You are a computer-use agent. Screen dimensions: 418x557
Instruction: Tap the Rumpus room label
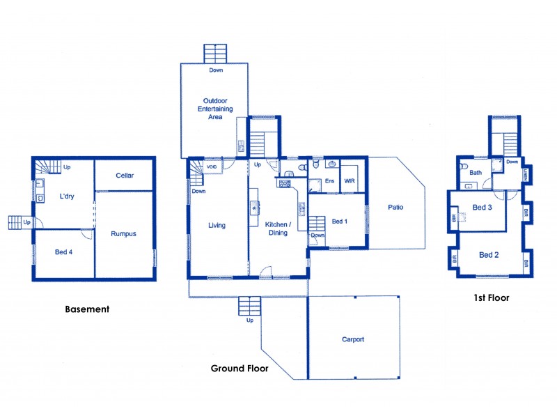(x=123, y=233)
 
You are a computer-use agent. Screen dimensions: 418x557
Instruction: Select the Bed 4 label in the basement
(x=63, y=251)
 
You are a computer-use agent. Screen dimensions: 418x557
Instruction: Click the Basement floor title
(x=87, y=309)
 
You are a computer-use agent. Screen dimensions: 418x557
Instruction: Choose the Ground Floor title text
(x=240, y=368)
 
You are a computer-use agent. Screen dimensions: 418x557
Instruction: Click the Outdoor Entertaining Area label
(x=214, y=109)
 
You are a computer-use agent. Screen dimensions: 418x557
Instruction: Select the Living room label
(x=217, y=225)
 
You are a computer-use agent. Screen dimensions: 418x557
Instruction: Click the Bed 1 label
(x=338, y=222)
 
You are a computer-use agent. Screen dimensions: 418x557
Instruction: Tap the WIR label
(x=350, y=180)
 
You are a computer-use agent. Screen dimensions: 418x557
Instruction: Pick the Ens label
(x=329, y=180)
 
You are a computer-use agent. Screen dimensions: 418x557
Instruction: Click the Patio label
(x=397, y=207)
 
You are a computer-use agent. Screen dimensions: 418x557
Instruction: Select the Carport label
(x=353, y=340)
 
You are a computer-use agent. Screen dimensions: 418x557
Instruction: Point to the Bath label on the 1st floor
(x=476, y=172)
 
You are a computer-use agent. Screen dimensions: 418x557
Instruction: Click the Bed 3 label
(x=483, y=208)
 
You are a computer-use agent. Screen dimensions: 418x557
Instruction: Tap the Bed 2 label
(x=489, y=255)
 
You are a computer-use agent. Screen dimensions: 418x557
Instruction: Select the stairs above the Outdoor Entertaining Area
(x=215, y=54)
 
